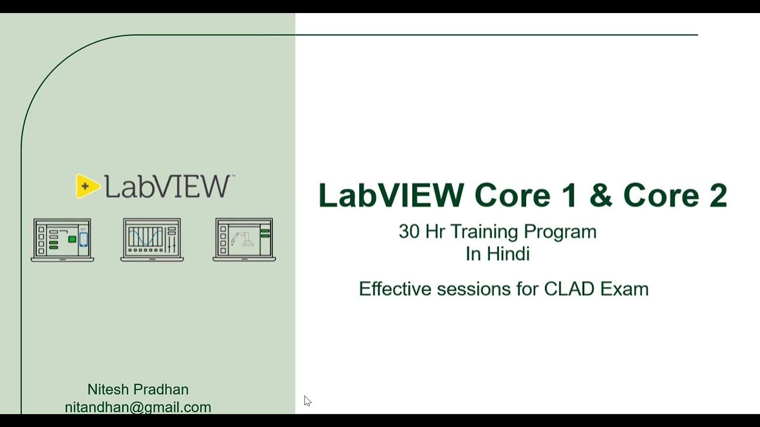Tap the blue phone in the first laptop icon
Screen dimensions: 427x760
(83, 238)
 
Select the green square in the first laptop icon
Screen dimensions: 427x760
(72, 239)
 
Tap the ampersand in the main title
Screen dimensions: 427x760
(601, 196)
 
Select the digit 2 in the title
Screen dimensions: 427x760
(717, 196)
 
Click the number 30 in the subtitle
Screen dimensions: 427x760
(408, 232)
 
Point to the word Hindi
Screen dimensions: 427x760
(508, 254)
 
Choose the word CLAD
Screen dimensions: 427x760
(569, 289)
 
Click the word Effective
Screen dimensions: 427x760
(395, 289)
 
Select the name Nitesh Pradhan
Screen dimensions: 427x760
(138, 390)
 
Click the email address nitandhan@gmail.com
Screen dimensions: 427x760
(138, 407)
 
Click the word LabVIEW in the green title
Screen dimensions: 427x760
(391, 196)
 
